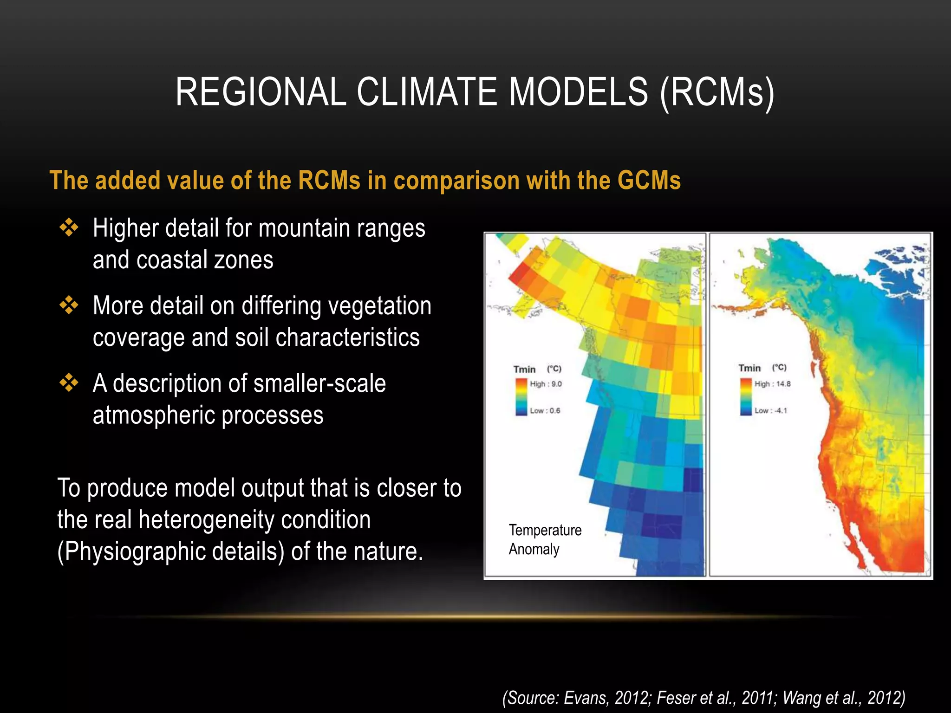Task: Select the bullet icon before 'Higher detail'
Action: pyautogui.click(x=69, y=228)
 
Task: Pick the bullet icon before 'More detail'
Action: pyautogui.click(x=69, y=305)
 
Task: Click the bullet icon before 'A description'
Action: pyautogui.click(x=69, y=383)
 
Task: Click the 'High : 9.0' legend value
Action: pyautogui.click(x=546, y=384)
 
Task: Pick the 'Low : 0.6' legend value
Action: pyautogui.click(x=545, y=411)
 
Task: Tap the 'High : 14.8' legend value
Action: pyautogui.click(x=772, y=384)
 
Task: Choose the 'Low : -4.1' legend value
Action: pyautogui.click(x=770, y=411)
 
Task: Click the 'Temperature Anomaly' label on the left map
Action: pyautogui.click(x=545, y=539)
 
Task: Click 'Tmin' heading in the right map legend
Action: pyautogui.click(x=749, y=368)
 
